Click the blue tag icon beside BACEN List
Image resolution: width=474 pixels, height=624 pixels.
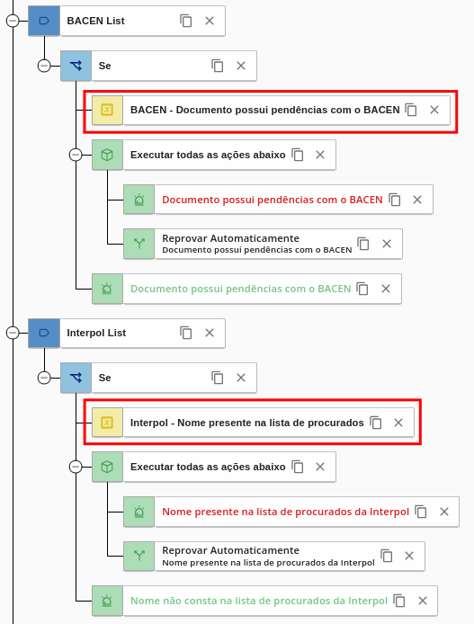44,21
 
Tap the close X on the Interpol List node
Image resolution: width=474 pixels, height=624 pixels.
210,333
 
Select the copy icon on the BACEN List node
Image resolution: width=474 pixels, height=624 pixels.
186,21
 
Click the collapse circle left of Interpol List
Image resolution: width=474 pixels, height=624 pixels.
13,333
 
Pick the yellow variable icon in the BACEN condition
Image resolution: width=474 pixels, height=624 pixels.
107,110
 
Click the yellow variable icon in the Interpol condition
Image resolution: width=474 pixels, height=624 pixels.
107,423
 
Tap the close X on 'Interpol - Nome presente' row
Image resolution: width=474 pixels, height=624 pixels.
398,423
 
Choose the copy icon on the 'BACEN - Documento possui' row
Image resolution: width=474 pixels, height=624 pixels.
411,110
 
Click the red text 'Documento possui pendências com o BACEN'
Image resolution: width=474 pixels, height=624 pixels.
273,200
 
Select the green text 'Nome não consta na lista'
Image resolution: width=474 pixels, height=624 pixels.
259,601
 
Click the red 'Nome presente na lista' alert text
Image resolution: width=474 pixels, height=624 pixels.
285,512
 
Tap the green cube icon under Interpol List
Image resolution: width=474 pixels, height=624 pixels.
107,467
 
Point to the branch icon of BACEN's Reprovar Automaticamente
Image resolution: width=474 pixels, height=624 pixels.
139,244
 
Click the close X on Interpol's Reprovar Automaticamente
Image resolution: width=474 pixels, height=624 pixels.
409,556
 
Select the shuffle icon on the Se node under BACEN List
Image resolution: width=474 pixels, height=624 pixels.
76,66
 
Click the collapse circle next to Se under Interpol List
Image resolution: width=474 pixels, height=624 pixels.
44,378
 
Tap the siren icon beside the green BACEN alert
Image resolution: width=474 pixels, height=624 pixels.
107,289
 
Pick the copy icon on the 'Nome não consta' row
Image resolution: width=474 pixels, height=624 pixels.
398,601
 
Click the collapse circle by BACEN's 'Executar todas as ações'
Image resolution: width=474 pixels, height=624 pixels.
76,155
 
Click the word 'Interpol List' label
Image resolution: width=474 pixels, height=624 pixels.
96,333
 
